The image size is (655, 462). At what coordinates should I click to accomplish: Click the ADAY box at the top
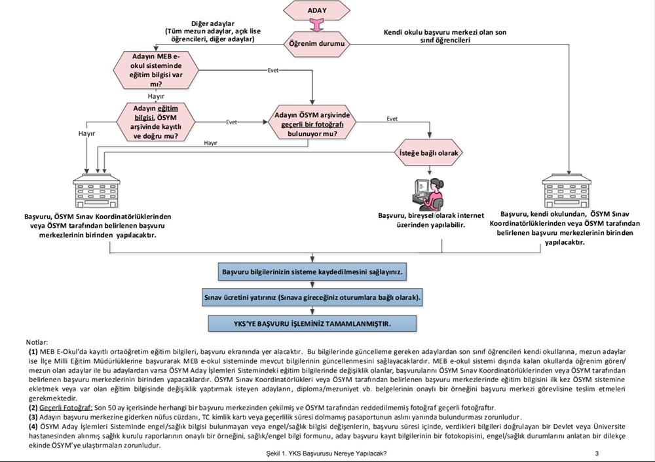(316, 10)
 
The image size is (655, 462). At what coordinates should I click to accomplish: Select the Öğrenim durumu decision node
(316, 44)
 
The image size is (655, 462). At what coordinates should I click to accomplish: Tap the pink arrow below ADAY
(316, 26)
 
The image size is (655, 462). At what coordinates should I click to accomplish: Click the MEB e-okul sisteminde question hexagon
(156, 70)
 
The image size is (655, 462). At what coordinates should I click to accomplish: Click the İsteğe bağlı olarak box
(429, 153)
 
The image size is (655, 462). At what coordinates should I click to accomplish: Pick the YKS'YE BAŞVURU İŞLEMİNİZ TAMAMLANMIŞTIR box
(316, 323)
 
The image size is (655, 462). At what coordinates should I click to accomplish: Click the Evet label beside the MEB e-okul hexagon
(274, 70)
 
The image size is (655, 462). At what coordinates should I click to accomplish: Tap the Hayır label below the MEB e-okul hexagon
(156, 96)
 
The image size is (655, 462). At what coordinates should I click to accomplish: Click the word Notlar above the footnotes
(37, 342)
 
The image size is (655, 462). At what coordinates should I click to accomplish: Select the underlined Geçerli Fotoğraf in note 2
(63, 407)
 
